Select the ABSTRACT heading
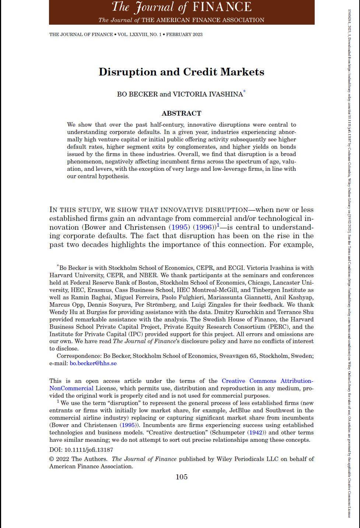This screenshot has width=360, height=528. point(181,113)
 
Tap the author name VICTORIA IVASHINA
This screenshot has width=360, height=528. point(208,94)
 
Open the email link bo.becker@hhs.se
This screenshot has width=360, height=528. point(93,363)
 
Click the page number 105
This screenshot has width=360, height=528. point(181,477)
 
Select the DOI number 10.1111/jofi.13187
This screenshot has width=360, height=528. point(89,450)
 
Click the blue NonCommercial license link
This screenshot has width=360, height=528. point(71,388)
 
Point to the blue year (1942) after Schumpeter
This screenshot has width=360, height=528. point(256,433)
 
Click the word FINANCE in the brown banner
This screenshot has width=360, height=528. point(222,7)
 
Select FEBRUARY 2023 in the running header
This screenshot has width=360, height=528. point(184,35)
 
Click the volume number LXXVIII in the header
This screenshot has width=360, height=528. point(138,35)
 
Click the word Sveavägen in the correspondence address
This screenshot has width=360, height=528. point(234,356)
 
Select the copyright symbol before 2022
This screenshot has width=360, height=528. point(52,459)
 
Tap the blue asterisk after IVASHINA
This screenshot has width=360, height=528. point(244,92)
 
